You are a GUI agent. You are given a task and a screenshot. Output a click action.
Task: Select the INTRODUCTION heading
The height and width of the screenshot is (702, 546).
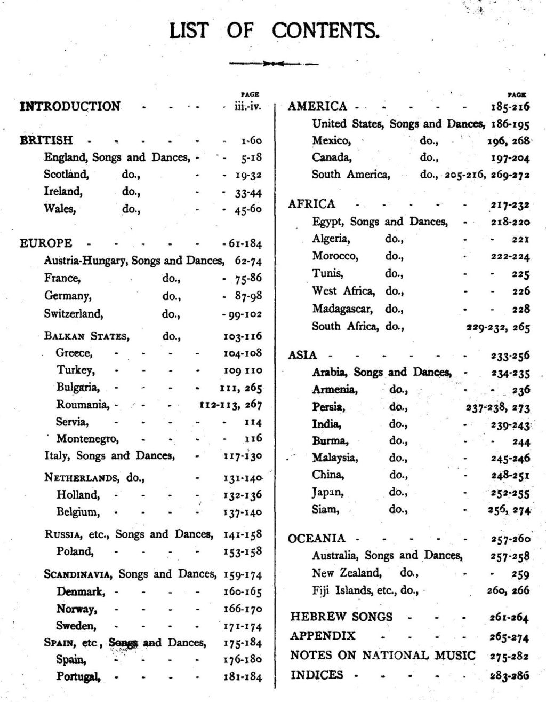70,106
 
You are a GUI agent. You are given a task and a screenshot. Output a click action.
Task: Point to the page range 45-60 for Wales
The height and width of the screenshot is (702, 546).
248,209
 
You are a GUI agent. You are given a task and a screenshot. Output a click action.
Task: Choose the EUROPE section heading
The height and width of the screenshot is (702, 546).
46,243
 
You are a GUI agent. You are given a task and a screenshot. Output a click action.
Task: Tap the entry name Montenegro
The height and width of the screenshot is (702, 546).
87,439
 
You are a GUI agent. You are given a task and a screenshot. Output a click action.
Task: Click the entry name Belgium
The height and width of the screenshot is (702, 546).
78,512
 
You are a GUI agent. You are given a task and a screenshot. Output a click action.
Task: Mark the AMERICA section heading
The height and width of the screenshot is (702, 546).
317,106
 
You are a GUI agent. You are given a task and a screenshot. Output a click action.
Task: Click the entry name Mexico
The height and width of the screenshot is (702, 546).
331,141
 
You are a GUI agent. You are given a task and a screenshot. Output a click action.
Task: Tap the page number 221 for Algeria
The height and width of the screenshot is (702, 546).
520,239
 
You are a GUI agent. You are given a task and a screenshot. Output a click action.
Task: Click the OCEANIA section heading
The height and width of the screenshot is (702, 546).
317,538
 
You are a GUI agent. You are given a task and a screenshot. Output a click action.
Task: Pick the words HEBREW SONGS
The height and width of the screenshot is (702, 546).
341,617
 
